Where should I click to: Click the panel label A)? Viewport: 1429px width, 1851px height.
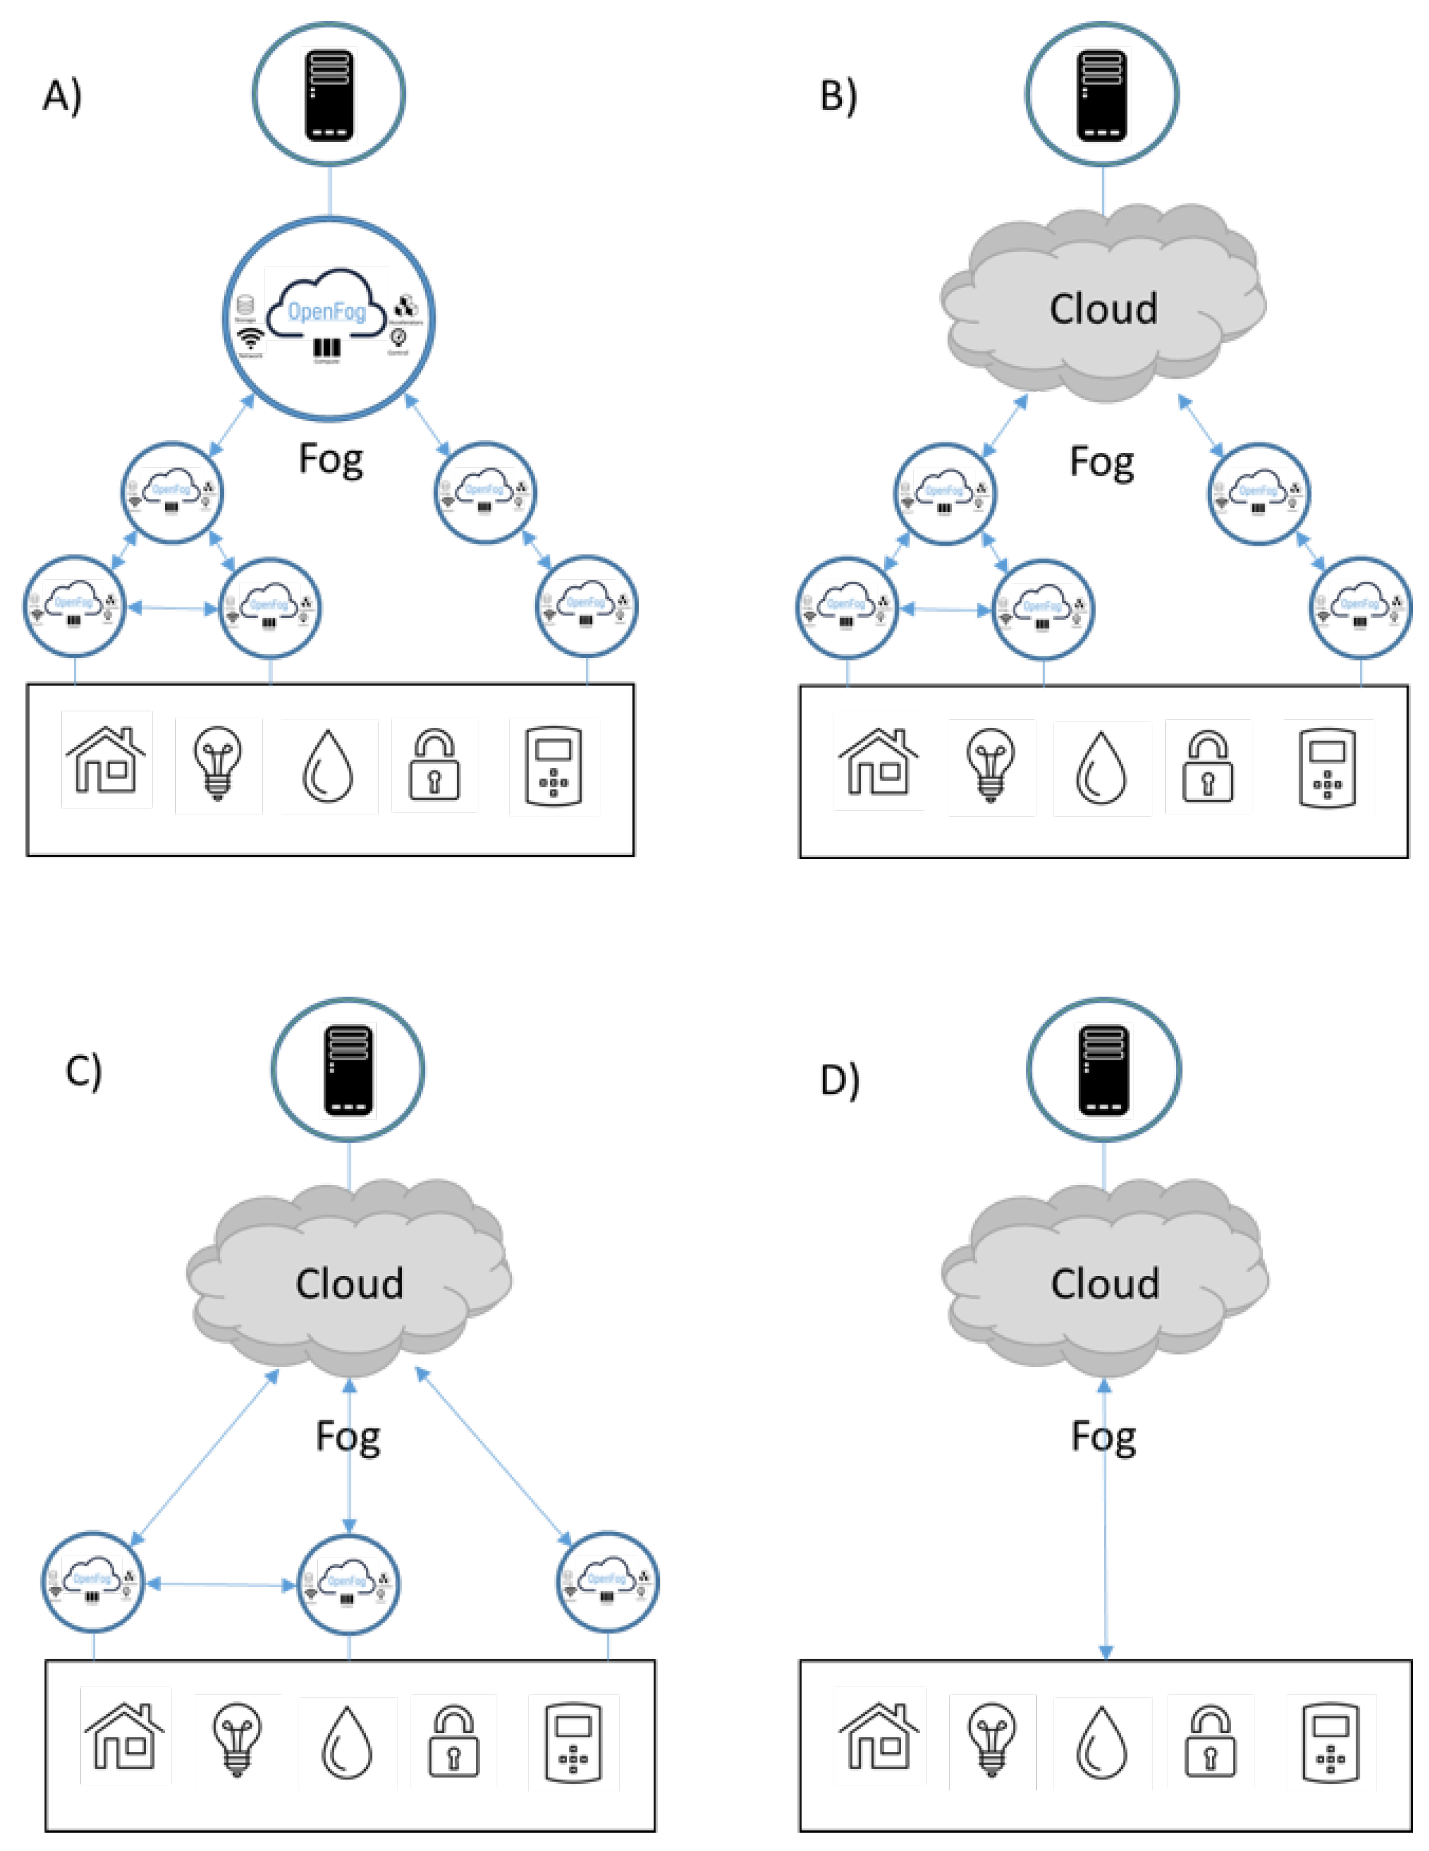point(62,96)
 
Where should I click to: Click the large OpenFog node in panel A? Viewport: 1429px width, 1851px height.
point(329,317)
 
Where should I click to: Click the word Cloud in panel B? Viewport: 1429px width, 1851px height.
point(1103,309)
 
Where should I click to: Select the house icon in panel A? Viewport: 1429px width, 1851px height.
point(106,760)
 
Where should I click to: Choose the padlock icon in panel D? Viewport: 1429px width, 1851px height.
point(1210,1742)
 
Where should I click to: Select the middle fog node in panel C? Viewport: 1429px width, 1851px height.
point(348,1583)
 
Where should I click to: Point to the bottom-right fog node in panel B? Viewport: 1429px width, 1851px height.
point(1361,607)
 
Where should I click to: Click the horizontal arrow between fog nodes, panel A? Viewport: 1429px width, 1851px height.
point(172,607)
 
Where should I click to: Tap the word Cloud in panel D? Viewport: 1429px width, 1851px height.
point(1105,1284)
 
